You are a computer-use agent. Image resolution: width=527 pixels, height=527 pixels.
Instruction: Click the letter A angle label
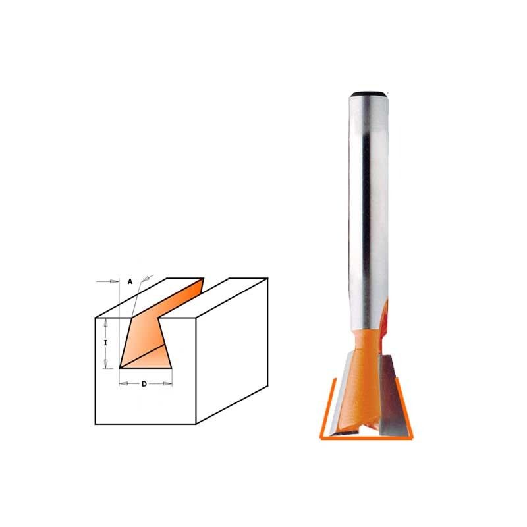pyautogui.click(x=130, y=282)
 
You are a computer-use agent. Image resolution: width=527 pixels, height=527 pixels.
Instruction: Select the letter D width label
pyautogui.click(x=144, y=384)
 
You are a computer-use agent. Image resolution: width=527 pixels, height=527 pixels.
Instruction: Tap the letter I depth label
pyautogui.click(x=105, y=343)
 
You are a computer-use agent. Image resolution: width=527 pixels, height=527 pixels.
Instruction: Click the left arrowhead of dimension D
pyautogui.click(x=124, y=383)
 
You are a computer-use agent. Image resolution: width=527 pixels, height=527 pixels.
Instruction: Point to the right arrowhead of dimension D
pyautogui.click(x=167, y=383)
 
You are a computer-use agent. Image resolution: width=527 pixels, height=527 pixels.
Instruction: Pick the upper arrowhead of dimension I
pyautogui.click(x=105, y=323)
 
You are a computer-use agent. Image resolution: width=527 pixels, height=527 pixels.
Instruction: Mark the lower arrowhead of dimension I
pyautogui.click(x=105, y=364)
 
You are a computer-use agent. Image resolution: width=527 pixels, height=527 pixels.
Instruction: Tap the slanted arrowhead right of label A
pyautogui.click(x=146, y=279)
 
